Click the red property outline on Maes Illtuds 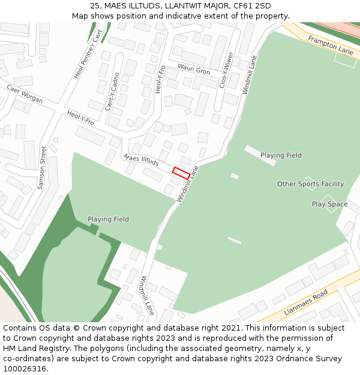click(x=181, y=173)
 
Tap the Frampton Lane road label click(x=331, y=45)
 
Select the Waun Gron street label click(x=194, y=70)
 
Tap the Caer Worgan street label click(x=25, y=94)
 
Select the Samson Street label click(x=41, y=168)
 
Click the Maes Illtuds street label click(x=141, y=160)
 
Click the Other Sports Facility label click(x=310, y=184)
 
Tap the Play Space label click(x=329, y=204)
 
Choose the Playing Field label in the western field click(x=108, y=219)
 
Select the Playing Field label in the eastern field click(x=281, y=155)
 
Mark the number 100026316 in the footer click(x=25, y=369)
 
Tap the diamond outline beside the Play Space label click(x=328, y=203)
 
